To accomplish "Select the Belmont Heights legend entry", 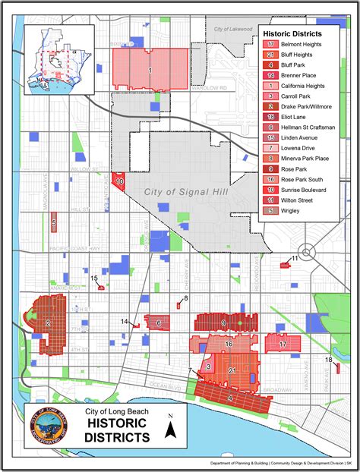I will [296, 44].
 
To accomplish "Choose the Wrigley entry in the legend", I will [292, 210].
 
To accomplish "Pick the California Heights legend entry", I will [300, 86].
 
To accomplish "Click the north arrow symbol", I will [172, 430].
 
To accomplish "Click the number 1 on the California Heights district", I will [150, 70].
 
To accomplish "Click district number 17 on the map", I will [283, 345].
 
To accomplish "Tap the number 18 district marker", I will [329, 360].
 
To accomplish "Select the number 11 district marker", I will [294, 260].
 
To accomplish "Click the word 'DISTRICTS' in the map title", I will [117, 438].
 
